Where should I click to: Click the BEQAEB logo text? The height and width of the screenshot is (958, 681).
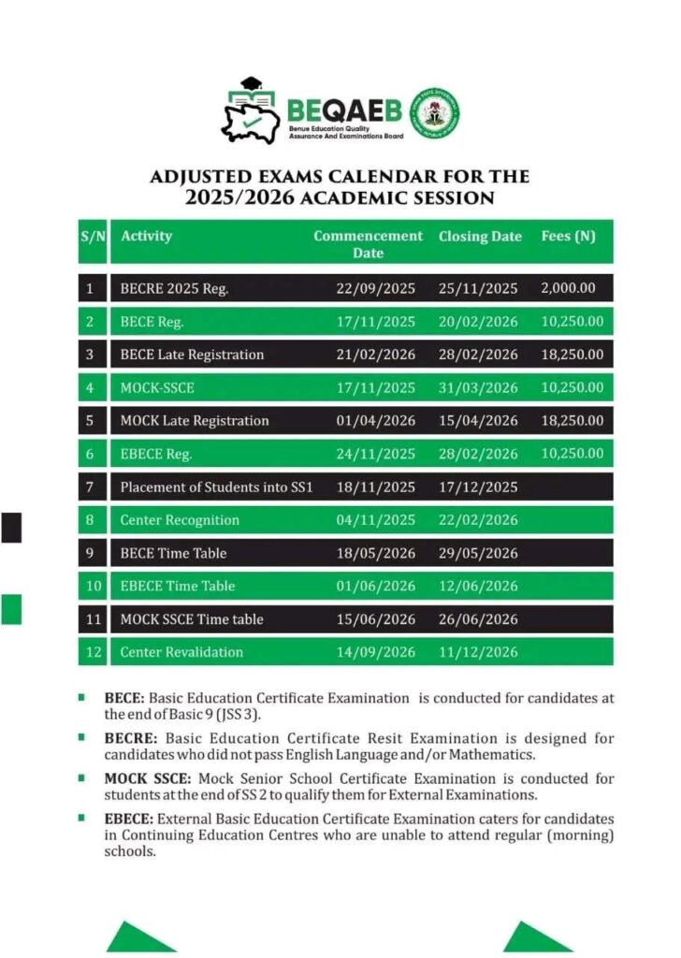[x=346, y=110]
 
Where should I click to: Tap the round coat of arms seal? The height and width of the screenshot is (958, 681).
[x=434, y=113]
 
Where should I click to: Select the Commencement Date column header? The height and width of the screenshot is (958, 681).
[x=368, y=244]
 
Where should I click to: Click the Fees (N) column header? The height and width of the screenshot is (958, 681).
[x=568, y=236]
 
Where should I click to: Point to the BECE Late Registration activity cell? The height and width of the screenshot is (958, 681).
[x=192, y=355]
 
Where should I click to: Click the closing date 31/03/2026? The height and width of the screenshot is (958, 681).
[x=478, y=387]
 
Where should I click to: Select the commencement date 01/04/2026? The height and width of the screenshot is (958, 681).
[x=375, y=420]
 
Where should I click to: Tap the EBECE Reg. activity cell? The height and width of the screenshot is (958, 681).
[x=155, y=454]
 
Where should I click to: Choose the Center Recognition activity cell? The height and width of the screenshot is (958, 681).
[x=180, y=520]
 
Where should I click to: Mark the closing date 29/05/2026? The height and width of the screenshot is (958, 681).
[x=478, y=553]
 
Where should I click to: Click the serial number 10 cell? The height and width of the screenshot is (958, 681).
[x=90, y=586]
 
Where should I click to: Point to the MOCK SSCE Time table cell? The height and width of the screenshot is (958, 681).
[x=192, y=619]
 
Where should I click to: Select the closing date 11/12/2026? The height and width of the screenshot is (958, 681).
[x=478, y=652]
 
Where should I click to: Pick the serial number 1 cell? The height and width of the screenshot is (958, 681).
[x=90, y=288]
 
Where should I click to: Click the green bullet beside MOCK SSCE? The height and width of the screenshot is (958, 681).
[x=82, y=777]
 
